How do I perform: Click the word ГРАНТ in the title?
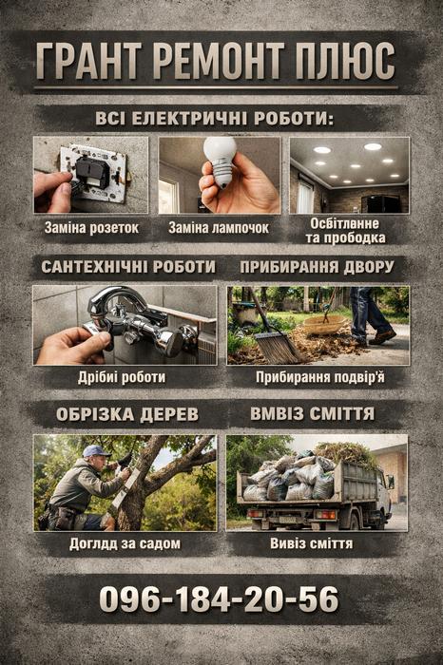coord(89,61)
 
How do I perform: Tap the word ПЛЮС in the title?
coord(345,61)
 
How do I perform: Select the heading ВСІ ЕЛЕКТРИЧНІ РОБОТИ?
coord(214,118)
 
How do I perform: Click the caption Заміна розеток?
coord(91,228)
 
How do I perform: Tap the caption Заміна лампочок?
coord(219,228)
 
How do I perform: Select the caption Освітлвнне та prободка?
coord(345,230)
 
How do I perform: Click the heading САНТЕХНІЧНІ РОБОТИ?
coord(128,267)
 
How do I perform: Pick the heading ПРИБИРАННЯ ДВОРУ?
coord(317,267)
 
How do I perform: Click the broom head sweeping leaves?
coord(276,347)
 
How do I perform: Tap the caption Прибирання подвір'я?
coord(320,377)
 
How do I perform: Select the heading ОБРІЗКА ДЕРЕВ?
coord(127,414)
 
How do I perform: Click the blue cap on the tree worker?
coord(96,451)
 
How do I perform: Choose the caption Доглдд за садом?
coord(125,543)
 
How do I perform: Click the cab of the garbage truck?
coord(383,492)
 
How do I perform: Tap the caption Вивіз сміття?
coord(312,543)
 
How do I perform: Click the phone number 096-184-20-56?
coord(219,599)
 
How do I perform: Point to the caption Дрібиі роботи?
coord(122,377)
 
